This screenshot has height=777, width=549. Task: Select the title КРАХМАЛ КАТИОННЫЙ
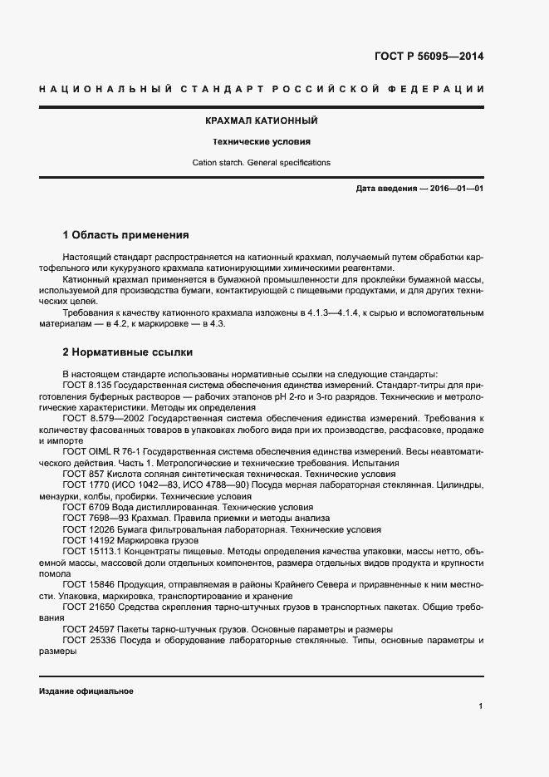coord(262,121)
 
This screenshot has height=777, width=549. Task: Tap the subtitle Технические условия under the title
coord(262,142)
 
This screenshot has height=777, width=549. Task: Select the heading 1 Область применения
coord(126,234)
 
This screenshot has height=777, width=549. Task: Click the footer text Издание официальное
coord(86,691)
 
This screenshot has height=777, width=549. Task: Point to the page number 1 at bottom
coord(481,706)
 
